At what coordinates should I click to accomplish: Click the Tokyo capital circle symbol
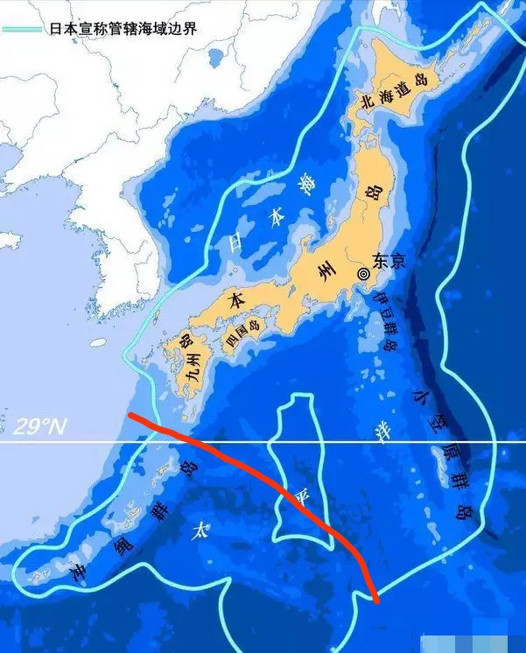point(363,273)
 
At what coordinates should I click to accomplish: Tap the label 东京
point(389,261)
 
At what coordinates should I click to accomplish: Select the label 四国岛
point(243,332)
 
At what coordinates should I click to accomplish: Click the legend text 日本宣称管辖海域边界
point(122,29)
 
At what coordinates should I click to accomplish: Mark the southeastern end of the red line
point(377,601)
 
